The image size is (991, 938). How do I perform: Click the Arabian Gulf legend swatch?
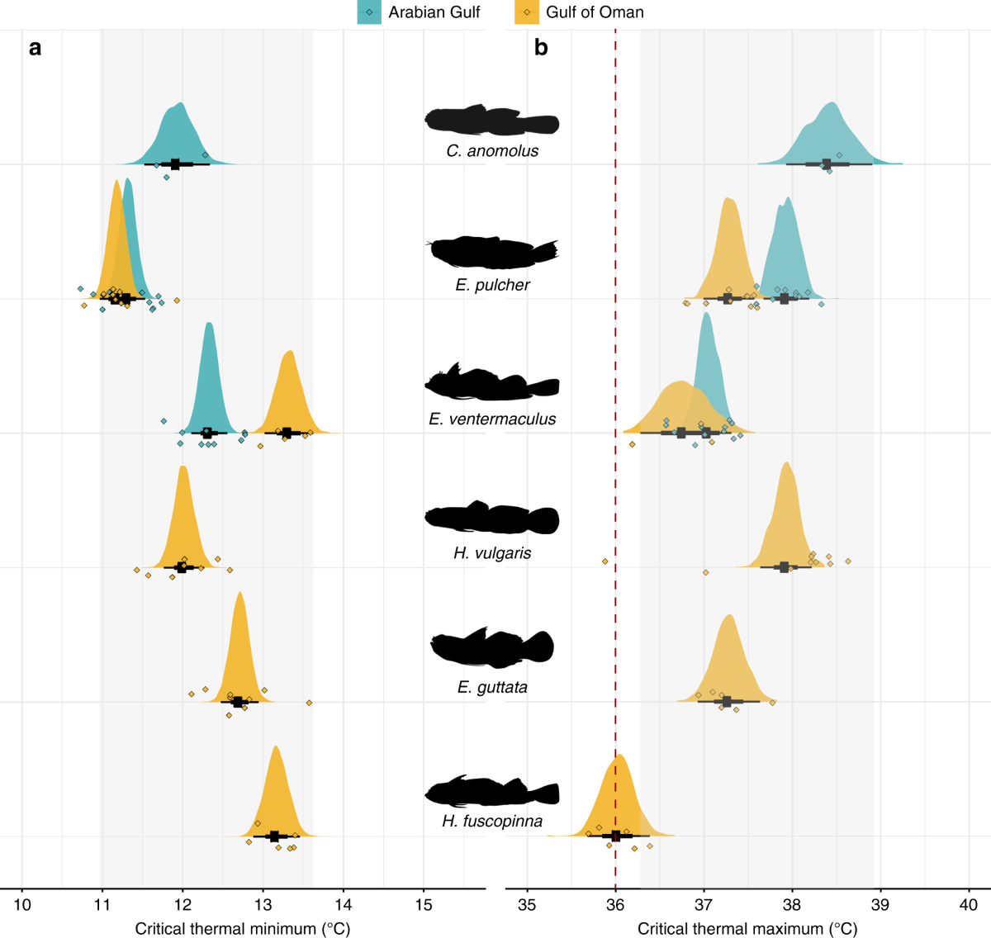[x=369, y=12]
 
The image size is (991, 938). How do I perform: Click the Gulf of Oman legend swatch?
[x=527, y=12]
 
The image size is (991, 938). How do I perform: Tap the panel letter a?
[x=35, y=48]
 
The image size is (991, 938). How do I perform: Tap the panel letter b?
[x=541, y=48]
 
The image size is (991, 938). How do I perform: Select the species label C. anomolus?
[x=492, y=151]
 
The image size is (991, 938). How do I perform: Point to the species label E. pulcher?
[x=492, y=285]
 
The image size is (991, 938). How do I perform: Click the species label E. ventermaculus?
[x=492, y=419]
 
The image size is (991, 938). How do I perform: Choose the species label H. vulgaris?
[x=492, y=553]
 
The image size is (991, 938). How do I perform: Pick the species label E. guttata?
[x=492, y=687]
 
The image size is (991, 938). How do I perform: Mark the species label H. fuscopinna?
[x=492, y=822]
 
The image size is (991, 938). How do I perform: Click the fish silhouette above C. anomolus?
[x=492, y=121]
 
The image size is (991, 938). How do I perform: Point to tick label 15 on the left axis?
[x=424, y=905]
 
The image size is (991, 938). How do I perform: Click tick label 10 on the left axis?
[x=22, y=905]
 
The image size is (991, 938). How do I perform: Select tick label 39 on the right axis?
[x=880, y=905]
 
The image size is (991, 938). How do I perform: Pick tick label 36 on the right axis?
[x=615, y=905]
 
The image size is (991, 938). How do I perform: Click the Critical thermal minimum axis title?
[x=243, y=929]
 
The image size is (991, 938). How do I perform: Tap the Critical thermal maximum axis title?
[x=747, y=929]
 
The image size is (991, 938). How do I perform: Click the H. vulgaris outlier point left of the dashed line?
[x=605, y=562]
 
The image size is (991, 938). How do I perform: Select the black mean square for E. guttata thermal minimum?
[x=238, y=702]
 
